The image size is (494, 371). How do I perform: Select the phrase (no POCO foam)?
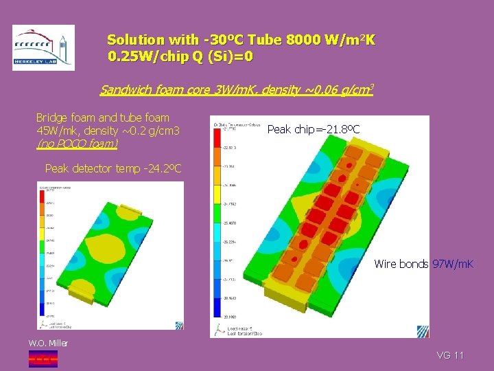pos(77,144)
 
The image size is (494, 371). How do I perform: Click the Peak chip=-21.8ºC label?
pos(313,129)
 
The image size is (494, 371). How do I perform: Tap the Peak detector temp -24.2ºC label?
pos(113,168)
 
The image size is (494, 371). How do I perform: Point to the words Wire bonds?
pos(401,265)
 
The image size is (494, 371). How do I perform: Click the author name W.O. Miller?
pos(48,343)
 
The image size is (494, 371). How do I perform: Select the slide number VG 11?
pos(451,355)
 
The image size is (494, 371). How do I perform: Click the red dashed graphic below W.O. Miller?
pos(43,357)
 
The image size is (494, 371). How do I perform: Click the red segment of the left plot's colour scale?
pos(42,199)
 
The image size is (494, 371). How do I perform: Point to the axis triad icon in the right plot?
pos(220,329)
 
